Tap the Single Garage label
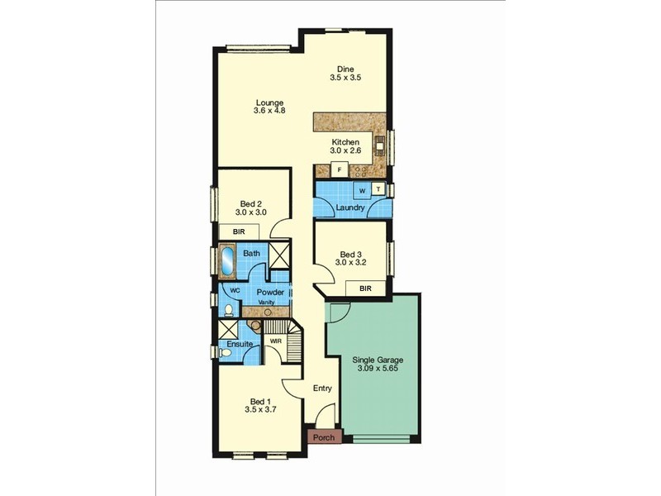pyautogui.click(x=378, y=360)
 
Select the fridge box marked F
pyautogui.click(x=339, y=170)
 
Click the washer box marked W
pyautogui.click(x=361, y=190)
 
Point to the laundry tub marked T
pyautogui.click(x=378, y=189)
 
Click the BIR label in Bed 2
pyautogui.click(x=240, y=232)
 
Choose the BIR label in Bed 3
pyautogui.click(x=364, y=288)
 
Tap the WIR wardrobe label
pyautogui.click(x=276, y=341)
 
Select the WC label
pyautogui.click(x=235, y=291)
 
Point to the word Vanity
pyautogui.click(x=267, y=303)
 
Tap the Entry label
pyautogui.click(x=322, y=388)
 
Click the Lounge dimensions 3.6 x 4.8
pyautogui.click(x=269, y=110)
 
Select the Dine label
pyautogui.click(x=345, y=69)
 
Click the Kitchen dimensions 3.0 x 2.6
pyautogui.click(x=345, y=150)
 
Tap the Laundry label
pyautogui.click(x=351, y=207)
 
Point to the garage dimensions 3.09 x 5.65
pyautogui.click(x=378, y=369)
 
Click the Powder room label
pyautogui.click(x=270, y=293)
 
